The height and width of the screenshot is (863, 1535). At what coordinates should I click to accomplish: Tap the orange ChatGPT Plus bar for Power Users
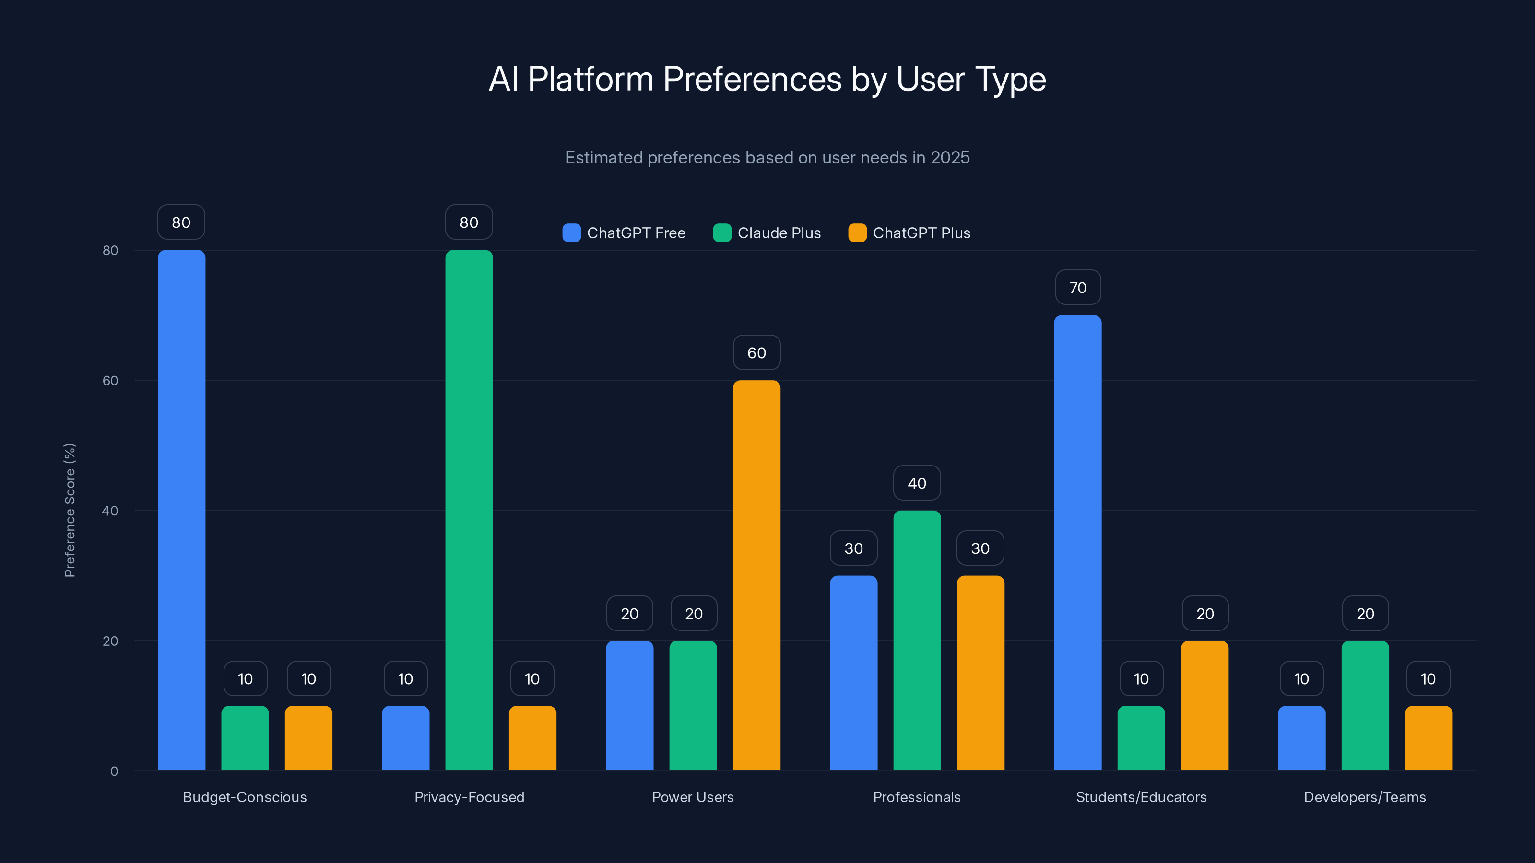coord(756,575)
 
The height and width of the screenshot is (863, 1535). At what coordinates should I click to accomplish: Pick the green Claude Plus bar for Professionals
coord(917,640)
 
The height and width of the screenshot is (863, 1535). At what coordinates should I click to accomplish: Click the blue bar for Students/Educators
coord(1077,543)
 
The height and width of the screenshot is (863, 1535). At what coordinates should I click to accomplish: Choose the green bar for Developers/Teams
coord(1365,705)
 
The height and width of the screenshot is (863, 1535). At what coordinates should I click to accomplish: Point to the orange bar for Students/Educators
coord(1204,705)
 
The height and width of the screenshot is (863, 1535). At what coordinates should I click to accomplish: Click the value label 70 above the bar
coord(1077,288)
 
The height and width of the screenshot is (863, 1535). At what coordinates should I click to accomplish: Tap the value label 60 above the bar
coord(756,352)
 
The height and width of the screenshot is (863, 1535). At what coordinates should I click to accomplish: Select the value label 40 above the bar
coord(917,483)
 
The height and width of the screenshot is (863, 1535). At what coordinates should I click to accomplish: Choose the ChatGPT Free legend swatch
coord(571,233)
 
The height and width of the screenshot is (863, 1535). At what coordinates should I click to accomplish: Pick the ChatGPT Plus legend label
coord(921,233)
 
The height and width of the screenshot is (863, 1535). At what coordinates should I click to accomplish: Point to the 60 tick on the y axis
coord(110,381)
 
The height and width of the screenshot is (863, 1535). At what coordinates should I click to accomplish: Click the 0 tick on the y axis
coord(114,771)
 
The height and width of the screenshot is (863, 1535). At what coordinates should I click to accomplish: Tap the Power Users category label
coord(692,797)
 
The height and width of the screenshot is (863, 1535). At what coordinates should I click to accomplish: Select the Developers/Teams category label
coord(1365,797)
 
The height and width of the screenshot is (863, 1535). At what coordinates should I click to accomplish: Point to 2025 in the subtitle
coord(950,157)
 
